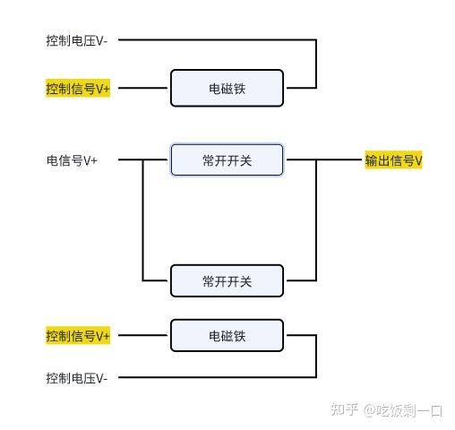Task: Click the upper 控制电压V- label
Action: [x=77, y=40]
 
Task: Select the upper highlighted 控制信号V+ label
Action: [x=78, y=89]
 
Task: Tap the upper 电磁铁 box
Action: [x=227, y=88]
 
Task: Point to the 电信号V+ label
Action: [x=72, y=160]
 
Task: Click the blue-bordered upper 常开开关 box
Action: [x=227, y=159]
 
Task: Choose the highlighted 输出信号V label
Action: [x=393, y=160]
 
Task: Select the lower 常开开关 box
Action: [x=227, y=280]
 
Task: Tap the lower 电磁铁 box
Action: [x=227, y=335]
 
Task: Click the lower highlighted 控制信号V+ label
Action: [x=78, y=336]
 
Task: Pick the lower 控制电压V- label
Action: [x=77, y=378]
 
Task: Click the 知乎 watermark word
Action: [x=344, y=409]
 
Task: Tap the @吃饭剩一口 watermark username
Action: [x=403, y=410]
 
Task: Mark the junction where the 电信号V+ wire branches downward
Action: [x=143, y=159]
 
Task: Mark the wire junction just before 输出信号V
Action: [x=316, y=159]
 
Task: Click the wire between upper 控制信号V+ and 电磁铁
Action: [x=142, y=88]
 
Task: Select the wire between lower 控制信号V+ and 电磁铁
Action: [x=142, y=335]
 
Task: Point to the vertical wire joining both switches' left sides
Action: [x=143, y=220]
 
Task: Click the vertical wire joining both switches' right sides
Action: [x=316, y=220]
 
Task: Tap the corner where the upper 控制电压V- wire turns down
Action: [x=316, y=39]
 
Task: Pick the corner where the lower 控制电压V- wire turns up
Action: [x=316, y=377]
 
